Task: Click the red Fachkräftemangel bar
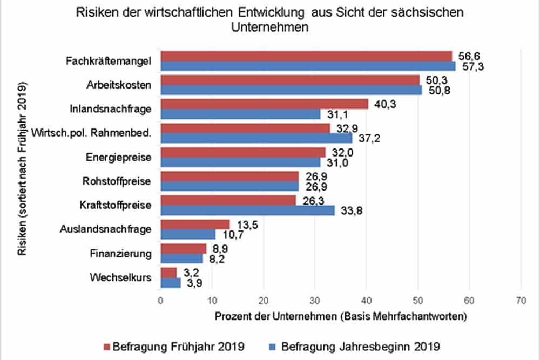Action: (x=306, y=56)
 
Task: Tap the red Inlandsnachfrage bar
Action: (x=265, y=104)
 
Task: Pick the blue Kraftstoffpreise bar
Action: (x=247, y=210)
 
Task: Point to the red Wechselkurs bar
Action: (x=168, y=271)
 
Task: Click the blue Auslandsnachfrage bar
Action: (x=188, y=234)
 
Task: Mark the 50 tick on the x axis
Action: (x=417, y=299)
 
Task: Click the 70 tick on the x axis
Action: (x=521, y=299)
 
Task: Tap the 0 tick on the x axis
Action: (x=160, y=299)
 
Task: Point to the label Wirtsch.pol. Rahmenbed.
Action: (x=91, y=133)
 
